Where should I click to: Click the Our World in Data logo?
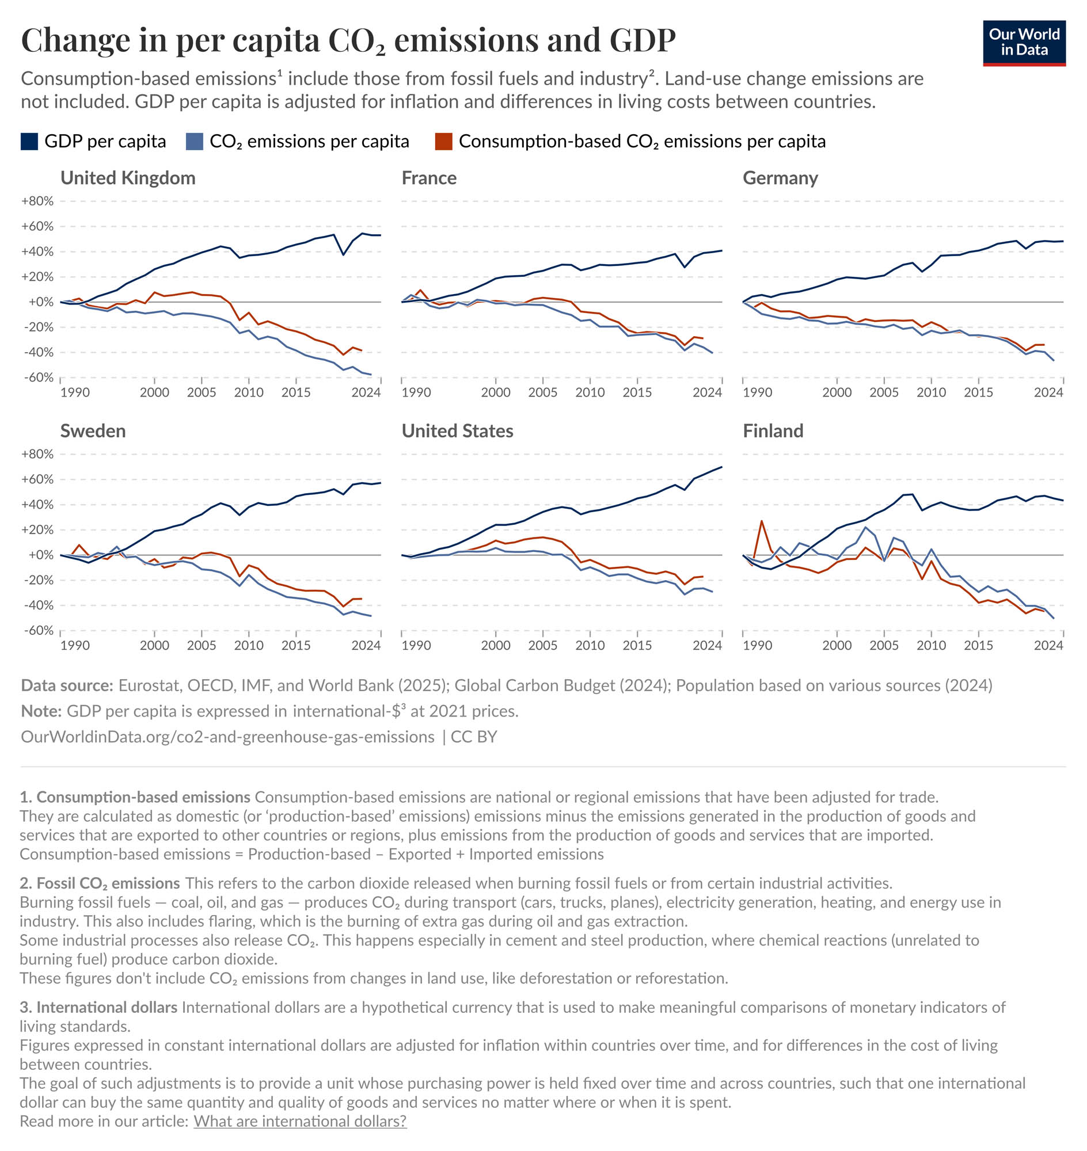[x=1023, y=43]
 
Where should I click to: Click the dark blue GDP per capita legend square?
[x=29, y=142]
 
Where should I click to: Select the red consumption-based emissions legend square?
[x=443, y=142]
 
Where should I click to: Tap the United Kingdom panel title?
[x=127, y=178]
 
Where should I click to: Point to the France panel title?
[x=429, y=178]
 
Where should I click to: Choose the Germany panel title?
[x=780, y=178]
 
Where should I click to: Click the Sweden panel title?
[x=93, y=431]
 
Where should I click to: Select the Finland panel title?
[x=773, y=431]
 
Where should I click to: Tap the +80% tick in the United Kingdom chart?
[x=37, y=201]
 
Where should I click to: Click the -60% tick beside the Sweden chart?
[x=37, y=630]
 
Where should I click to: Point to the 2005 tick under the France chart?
[x=542, y=392]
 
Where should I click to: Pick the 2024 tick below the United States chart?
[x=707, y=645]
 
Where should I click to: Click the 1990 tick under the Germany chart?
[x=757, y=392]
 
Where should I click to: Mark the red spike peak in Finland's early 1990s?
[x=761, y=521]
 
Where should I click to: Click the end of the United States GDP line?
[x=721, y=467]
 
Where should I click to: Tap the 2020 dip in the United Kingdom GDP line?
[x=343, y=254]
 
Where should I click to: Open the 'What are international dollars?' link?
[x=299, y=1121]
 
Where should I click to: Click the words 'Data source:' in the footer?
[x=67, y=685]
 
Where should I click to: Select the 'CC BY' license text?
[x=473, y=737]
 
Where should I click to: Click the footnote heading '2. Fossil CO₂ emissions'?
[x=100, y=883]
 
